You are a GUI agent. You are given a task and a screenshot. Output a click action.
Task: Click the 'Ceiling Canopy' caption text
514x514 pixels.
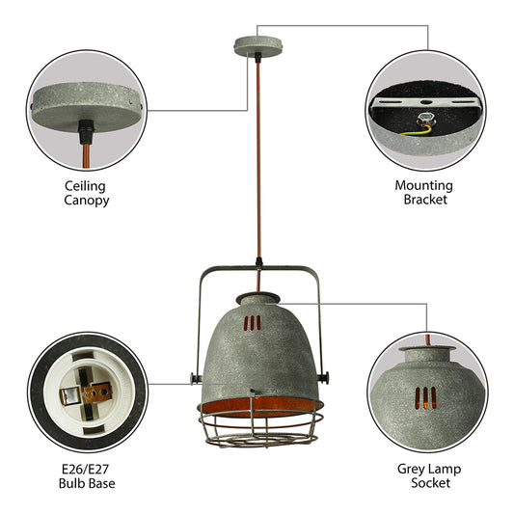[87, 192]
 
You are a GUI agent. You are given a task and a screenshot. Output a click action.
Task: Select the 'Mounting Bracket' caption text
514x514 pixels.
[423, 192]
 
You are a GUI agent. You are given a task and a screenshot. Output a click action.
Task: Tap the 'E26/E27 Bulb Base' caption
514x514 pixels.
[86, 475]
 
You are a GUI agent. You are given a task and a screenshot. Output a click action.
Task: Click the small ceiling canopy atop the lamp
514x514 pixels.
[257, 44]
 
